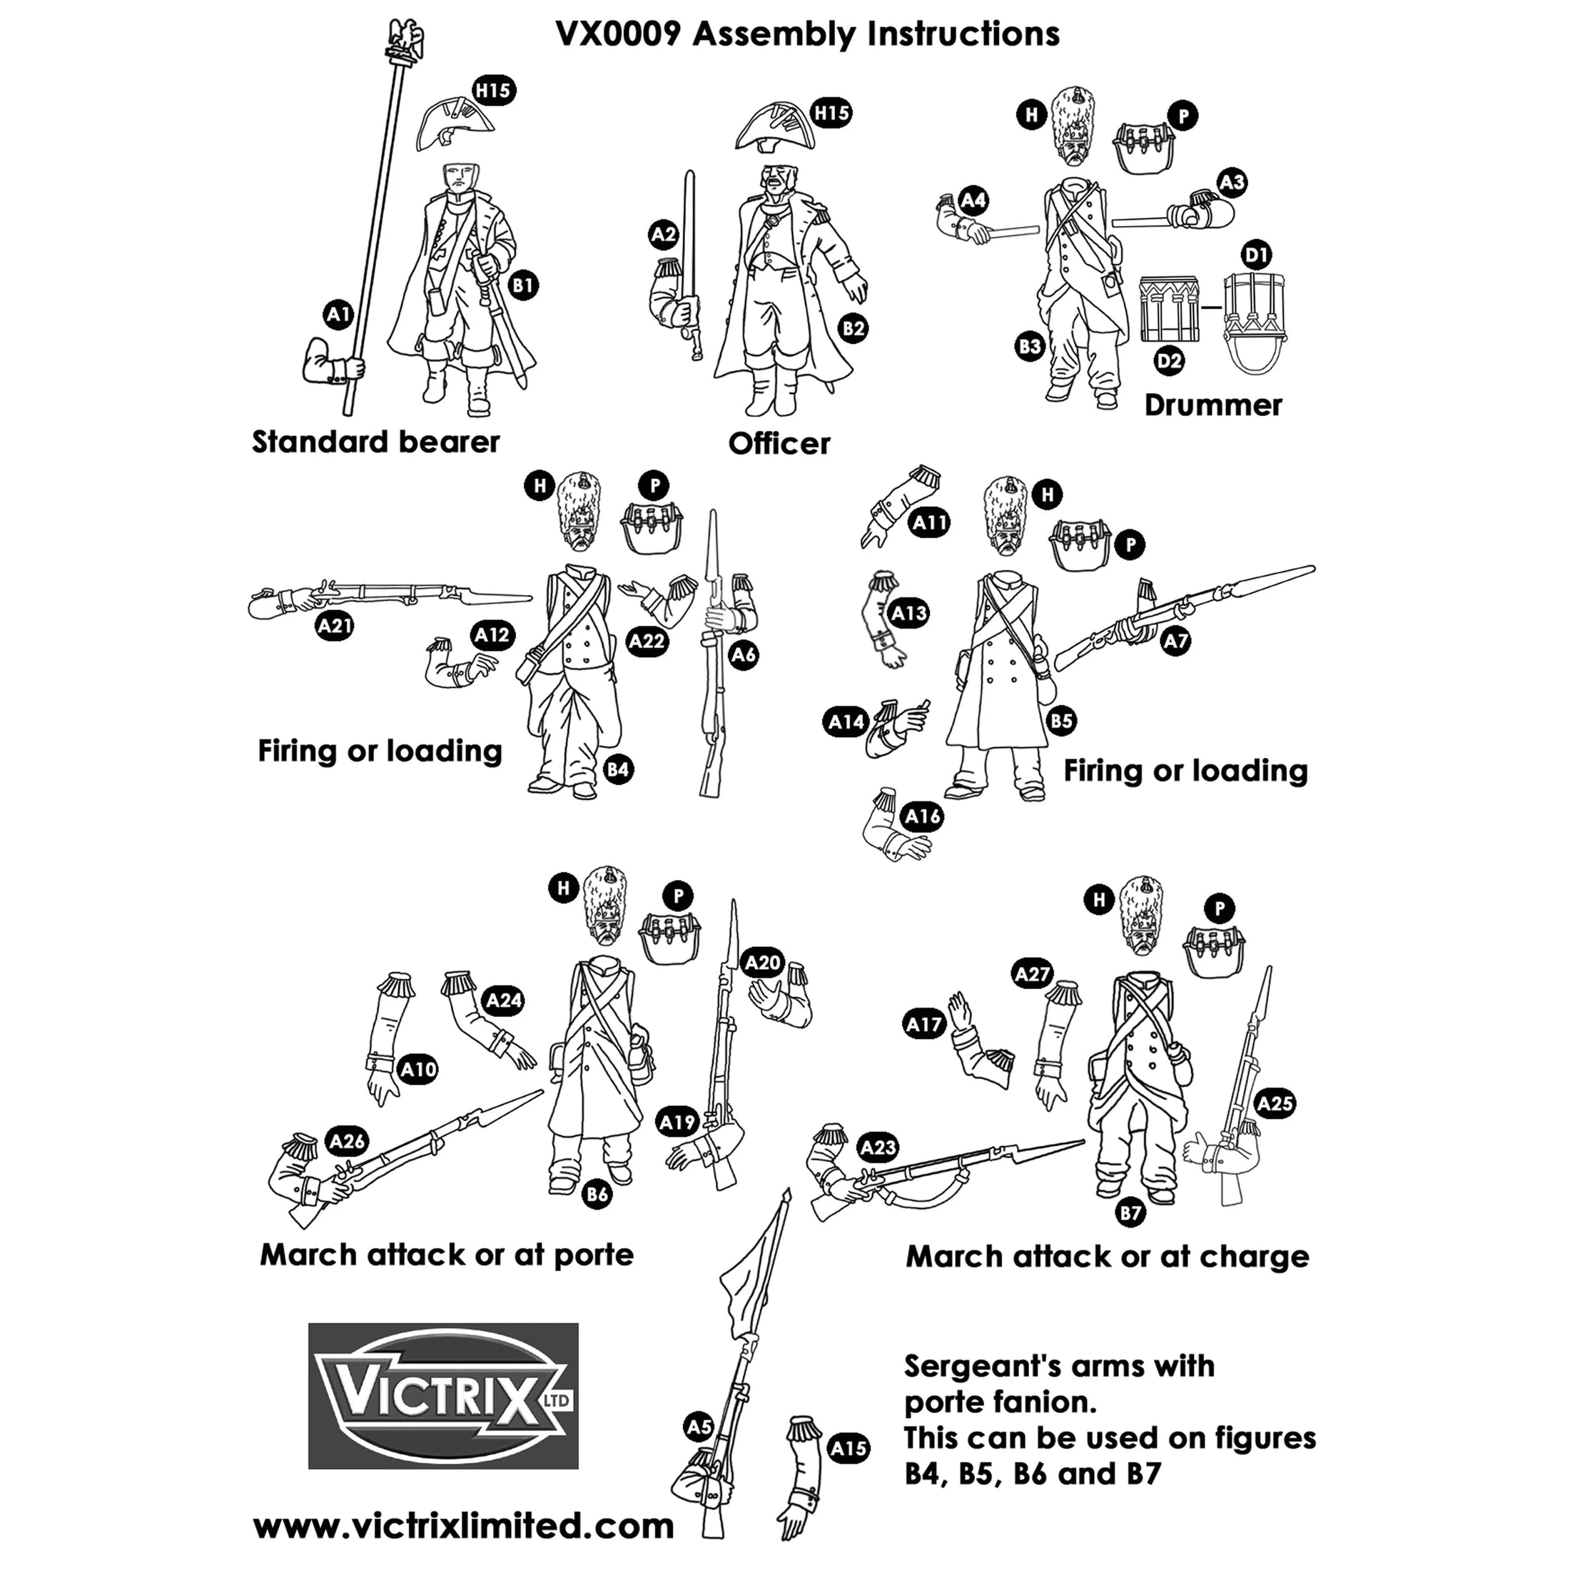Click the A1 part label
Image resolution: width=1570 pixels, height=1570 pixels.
click(x=338, y=315)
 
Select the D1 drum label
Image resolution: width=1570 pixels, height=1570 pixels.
click(x=1256, y=255)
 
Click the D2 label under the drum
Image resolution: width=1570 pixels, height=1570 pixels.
click(x=1168, y=361)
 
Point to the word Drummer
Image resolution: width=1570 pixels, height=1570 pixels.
click(x=1212, y=405)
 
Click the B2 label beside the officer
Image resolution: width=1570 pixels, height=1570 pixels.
click(x=854, y=328)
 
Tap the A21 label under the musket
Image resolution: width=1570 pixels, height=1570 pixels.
click(x=335, y=626)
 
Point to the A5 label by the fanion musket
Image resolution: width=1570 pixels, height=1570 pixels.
click(x=699, y=1427)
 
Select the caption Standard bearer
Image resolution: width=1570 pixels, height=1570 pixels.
click(x=375, y=441)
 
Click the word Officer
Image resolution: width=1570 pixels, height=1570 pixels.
click(x=779, y=444)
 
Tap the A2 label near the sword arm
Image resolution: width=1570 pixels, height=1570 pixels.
click(x=664, y=235)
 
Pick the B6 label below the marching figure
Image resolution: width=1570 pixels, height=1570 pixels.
click(x=597, y=1194)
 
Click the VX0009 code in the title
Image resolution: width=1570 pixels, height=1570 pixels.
click(x=616, y=34)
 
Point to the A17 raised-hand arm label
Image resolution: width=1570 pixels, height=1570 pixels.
click(x=925, y=1025)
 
